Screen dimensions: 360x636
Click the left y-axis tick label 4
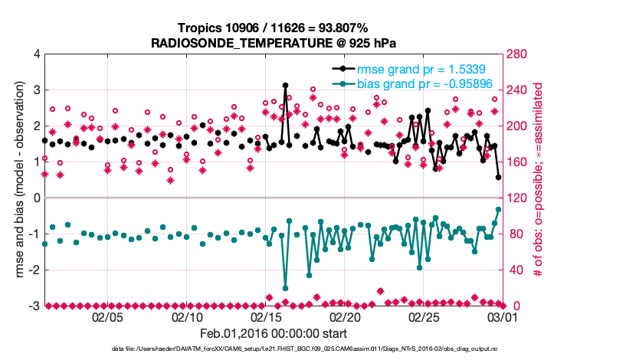(x=37, y=54)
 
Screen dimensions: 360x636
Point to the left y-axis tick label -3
(x=34, y=306)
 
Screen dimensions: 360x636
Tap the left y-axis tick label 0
(x=37, y=198)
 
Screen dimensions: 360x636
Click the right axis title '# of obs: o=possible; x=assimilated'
(x=538, y=179)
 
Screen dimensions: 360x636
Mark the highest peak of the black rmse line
(x=285, y=85)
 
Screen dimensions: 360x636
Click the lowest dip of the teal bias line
(x=285, y=288)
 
